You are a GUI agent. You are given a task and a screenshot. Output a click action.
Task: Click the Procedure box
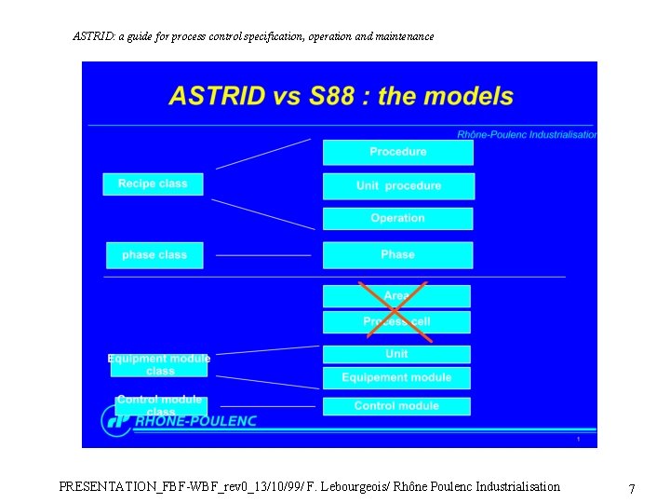pyautogui.click(x=397, y=152)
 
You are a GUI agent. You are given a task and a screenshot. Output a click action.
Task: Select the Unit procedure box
pyautogui.click(x=398, y=185)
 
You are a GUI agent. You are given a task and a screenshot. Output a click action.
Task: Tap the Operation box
pyautogui.click(x=397, y=218)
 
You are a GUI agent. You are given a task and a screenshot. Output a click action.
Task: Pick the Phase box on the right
pyautogui.click(x=397, y=254)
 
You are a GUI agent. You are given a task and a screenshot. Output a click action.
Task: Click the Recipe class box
pyautogui.click(x=153, y=184)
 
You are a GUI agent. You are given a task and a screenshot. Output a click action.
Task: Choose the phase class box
pyautogui.click(x=154, y=254)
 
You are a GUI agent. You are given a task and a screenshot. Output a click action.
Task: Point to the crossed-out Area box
pyautogui.click(x=396, y=296)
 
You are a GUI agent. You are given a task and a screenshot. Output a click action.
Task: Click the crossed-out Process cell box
pyautogui.click(x=396, y=322)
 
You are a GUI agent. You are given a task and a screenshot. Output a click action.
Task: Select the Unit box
pyautogui.click(x=396, y=354)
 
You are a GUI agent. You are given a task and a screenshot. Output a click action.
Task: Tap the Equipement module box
pyautogui.click(x=396, y=377)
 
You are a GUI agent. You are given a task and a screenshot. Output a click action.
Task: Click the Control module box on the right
pyautogui.click(x=396, y=406)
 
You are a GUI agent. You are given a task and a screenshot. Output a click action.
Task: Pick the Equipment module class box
pyautogui.click(x=159, y=365)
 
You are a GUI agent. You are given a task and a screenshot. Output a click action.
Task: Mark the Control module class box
pyautogui.click(x=160, y=405)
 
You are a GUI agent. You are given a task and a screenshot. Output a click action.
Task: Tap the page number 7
pyautogui.click(x=632, y=489)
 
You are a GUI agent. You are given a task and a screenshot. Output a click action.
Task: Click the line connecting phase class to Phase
pyautogui.click(x=263, y=254)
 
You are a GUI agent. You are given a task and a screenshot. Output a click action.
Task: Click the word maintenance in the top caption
pyautogui.click(x=403, y=36)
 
